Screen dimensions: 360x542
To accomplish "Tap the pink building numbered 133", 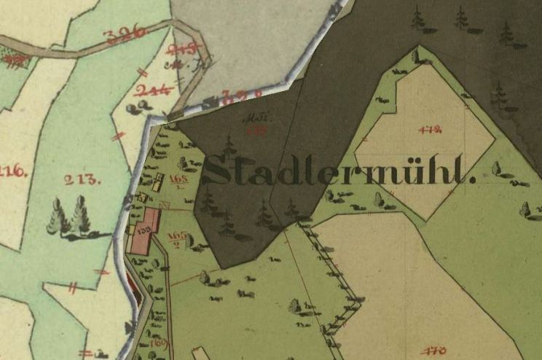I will pyautogui.click(x=144, y=229).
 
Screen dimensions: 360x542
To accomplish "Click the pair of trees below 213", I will pyautogui.click(x=69, y=218).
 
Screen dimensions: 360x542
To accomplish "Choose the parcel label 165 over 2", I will pyautogui.click(x=176, y=238).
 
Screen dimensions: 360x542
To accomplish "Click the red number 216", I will pyautogui.click(x=14, y=172).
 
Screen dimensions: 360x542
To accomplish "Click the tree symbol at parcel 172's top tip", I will pyautogui.click(x=417, y=55).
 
